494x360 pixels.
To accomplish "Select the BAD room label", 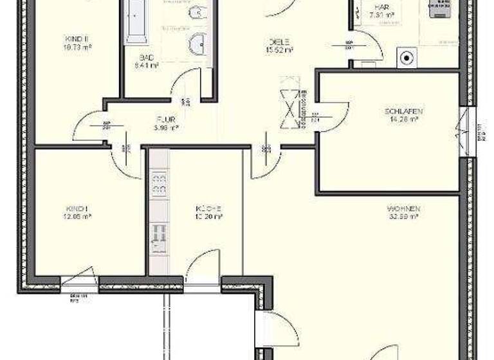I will point(146,57).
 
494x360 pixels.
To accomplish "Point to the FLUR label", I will point(165,119).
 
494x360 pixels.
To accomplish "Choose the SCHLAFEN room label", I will point(403,111).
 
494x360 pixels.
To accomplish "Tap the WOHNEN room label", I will point(403,208).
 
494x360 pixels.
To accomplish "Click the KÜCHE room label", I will point(209,208).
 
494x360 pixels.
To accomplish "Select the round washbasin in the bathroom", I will point(197,44).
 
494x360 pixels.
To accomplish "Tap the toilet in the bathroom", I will point(198,12).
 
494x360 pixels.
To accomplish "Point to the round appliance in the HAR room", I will point(407,58).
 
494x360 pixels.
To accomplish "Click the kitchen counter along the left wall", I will point(158,212).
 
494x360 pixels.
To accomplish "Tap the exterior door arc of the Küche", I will point(201,264).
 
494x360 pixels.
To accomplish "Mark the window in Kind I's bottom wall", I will point(79,279).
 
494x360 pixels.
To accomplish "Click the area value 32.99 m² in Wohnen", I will point(403,217).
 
